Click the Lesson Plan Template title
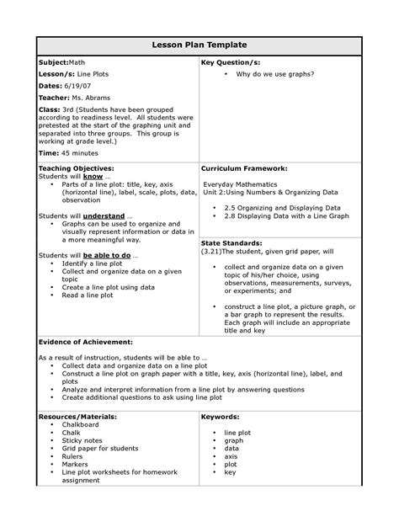[x=199, y=44]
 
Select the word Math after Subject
[x=77, y=63]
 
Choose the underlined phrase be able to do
[x=104, y=255]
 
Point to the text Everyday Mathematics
[x=240, y=183]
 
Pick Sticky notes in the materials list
[x=81, y=440]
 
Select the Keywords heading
[x=222, y=417]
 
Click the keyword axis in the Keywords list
[x=231, y=456]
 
